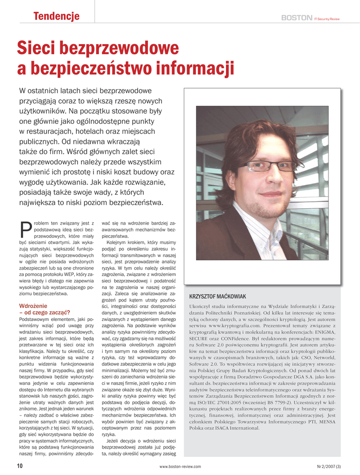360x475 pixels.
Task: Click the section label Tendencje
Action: pyautogui.click(x=56, y=17)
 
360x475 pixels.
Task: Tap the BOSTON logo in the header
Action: pyautogui.click(x=296, y=18)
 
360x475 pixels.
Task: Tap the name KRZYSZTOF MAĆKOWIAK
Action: pyautogui.click(x=218, y=296)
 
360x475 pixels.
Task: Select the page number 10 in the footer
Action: pyautogui.click(x=19, y=466)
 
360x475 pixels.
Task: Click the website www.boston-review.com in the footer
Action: pyautogui.click(x=180, y=466)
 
